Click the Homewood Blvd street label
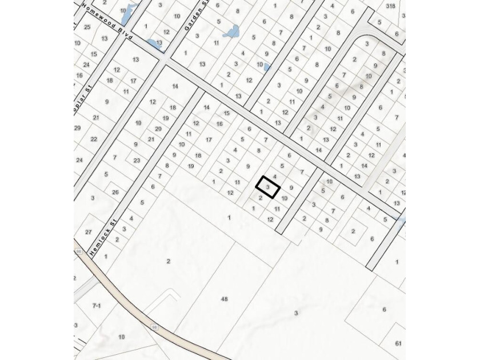pyautogui.click(x=107, y=22)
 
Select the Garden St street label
pyautogui.click(x=190, y=19)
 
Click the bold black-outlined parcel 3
pyautogui.click(x=267, y=187)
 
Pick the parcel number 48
pyautogui.click(x=224, y=299)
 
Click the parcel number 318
pyautogui.click(x=390, y=6)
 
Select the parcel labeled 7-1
pyautogui.click(x=97, y=306)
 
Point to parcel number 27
pyautogui.click(x=88, y=232)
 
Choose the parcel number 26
pyautogui.click(x=115, y=192)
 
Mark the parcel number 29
pyautogui.click(x=77, y=128)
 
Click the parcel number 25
pyautogui.click(x=87, y=27)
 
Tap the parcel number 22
pyautogui.click(x=94, y=139)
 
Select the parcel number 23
pyautogui.click(x=137, y=161)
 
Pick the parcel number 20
pyautogui.click(x=158, y=129)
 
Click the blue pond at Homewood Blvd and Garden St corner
pyautogui.click(x=154, y=43)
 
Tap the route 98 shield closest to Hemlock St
pyautogui.click(x=78, y=251)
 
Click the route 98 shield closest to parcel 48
pyautogui.click(x=154, y=327)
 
